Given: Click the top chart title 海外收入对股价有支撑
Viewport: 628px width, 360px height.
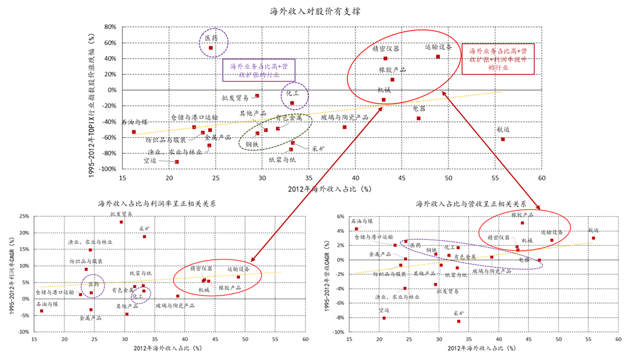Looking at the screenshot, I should pyautogui.click(x=315, y=11).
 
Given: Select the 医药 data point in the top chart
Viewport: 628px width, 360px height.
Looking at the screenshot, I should pyautogui.click(x=211, y=48).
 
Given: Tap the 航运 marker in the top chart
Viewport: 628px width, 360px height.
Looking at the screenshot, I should pyautogui.click(x=503, y=139).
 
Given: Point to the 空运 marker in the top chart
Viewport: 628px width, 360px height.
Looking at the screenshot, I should pyautogui.click(x=176, y=162).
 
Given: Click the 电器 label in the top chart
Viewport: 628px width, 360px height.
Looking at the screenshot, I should pyautogui.click(x=419, y=108).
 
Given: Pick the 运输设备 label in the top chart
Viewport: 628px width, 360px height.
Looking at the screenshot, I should pyautogui.click(x=438, y=47).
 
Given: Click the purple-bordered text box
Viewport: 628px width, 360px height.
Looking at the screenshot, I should pyautogui.click(x=259, y=71).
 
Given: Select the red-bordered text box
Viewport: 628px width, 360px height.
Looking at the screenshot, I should pyautogui.click(x=499, y=59).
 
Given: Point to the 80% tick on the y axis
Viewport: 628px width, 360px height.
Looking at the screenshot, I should pyautogui.click(x=110, y=27).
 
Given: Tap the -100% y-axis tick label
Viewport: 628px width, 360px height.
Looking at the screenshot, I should pyautogui.click(x=108, y=169).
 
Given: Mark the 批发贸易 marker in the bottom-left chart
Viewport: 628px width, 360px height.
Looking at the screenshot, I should pyautogui.click(x=121, y=222).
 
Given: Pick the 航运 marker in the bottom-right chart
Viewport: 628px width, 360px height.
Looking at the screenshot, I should pyautogui.click(x=593, y=238).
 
